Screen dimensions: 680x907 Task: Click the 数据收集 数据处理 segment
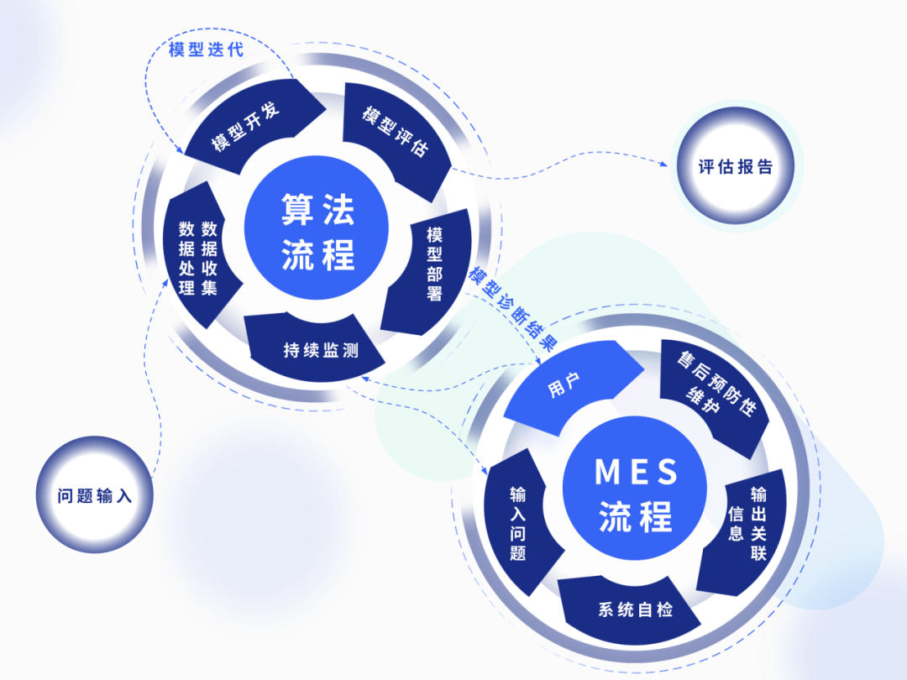(198, 257)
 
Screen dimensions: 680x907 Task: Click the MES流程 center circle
(636, 494)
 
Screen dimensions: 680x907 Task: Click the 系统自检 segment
(630, 609)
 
